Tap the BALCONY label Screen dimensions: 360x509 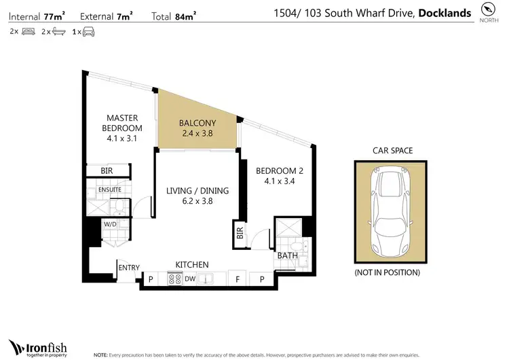(x=197, y=128)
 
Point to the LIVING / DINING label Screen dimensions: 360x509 (x=197, y=196)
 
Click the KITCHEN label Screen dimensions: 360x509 (x=192, y=264)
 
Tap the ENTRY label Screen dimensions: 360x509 (x=129, y=268)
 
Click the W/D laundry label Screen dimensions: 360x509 (x=109, y=223)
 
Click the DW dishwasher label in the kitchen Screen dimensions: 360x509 (x=190, y=278)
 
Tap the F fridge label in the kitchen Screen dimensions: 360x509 (x=237, y=278)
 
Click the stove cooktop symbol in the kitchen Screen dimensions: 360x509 (x=174, y=278)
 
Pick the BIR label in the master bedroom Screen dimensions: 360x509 (x=107, y=171)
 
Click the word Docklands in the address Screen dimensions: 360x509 (x=445, y=12)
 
